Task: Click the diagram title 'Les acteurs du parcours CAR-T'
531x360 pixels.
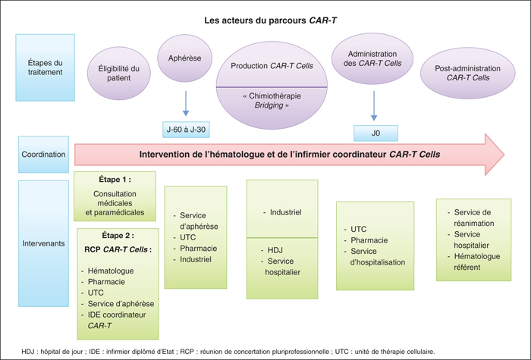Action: [x=270, y=20]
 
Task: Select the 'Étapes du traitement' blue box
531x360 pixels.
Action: [x=45, y=67]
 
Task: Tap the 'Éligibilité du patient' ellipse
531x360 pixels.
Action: [x=119, y=74]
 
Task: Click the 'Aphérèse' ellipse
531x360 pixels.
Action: [x=185, y=58]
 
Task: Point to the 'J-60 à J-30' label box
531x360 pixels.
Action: [x=186, y=130]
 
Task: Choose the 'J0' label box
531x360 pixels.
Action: [x=375, y=133]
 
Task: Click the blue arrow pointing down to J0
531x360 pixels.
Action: [x=374, y=105]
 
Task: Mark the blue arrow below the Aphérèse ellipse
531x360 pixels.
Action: [x=186, y=103]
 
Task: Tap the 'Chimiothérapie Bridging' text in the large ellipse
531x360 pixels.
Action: [x=272, y=101]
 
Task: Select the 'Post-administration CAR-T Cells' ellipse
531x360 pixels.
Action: [x=468, y=73]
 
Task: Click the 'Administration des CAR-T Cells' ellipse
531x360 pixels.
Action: [x=372, y=58]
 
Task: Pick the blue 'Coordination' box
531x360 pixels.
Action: [x=44, y=155]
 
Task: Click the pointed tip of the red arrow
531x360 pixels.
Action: [x=504, y=155]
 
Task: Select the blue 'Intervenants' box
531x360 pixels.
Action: [x=44, y=243]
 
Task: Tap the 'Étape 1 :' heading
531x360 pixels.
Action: [x=115, y=180]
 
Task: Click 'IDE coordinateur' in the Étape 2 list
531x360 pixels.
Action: [x=117, y=315]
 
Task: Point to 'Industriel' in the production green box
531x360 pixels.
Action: [x=285, y=212]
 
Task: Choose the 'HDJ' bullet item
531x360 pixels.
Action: [x=275, y=250]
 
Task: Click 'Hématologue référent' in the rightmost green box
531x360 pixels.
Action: [x=477, y=261]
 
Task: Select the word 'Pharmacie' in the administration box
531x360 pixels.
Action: [x=369, y=240]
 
